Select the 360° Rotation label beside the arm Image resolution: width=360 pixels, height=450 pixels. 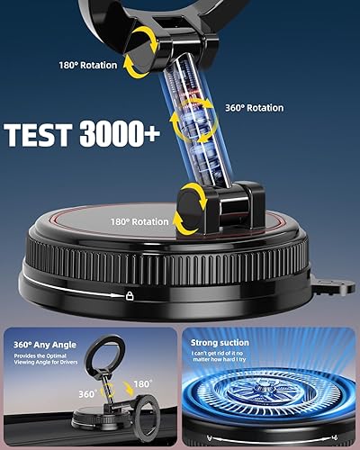253,109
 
